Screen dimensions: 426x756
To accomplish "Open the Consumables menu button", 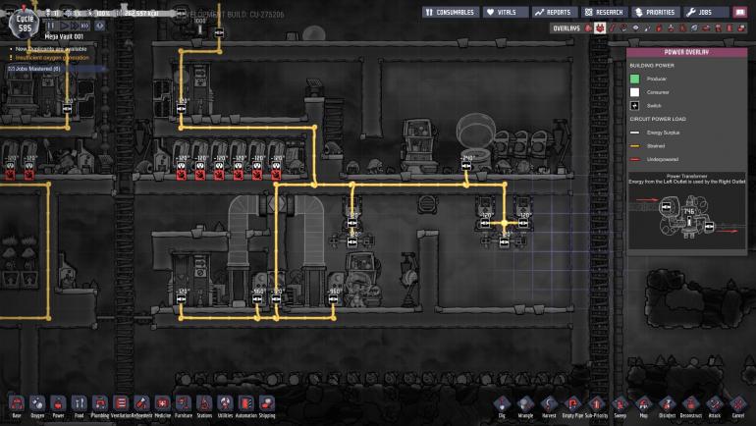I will (450, 12).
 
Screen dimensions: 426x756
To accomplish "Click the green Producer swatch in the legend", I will (635, 78).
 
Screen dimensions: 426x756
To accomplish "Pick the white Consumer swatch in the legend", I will (635, 91).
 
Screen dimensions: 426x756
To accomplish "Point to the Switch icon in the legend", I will (635, 104).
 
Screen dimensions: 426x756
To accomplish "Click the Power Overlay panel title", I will (686, 53).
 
